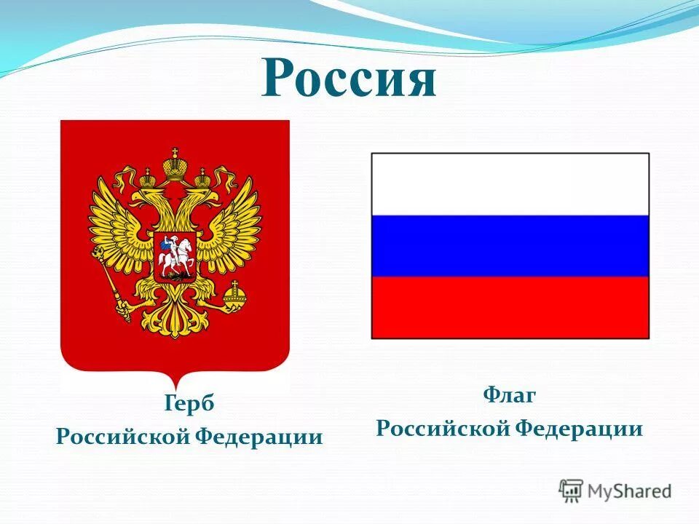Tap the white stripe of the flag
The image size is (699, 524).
pos(510,184)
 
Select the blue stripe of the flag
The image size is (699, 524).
pos(510,246)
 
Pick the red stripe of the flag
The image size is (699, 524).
pos(510,307)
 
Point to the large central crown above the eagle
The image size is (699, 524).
pos(175,165)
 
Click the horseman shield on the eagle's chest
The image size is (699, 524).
pos(175,258)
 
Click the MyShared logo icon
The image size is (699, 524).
pos(572,491)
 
